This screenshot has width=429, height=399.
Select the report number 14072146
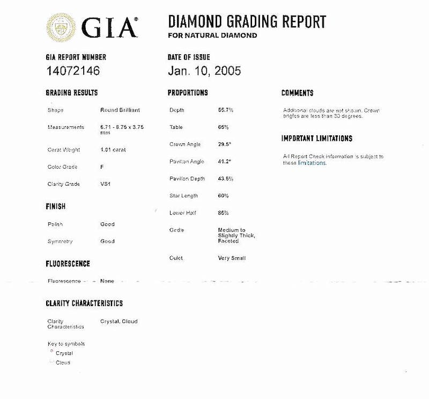click(x=73, y=70)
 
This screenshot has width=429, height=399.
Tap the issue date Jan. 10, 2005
click(x=204, y=70)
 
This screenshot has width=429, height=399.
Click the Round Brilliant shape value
click(x=120, y=110)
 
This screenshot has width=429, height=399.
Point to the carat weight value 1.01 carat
click(x=113, y=149)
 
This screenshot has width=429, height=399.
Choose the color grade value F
click(x=102, y=167)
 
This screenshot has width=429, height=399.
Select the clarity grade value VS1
click(x=106, y=184)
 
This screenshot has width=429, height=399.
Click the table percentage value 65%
click(x=224, y=127)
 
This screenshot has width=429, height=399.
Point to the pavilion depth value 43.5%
click(x=226, y=178)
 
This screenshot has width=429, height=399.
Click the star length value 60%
click(x=224, y=195)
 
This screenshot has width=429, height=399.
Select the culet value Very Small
click(x=232, y=258)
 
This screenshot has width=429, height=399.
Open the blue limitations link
click(x=312, y=163)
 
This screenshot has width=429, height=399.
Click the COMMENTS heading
click(x=297, y=93)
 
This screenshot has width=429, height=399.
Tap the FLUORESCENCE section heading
click(x=68, y=264)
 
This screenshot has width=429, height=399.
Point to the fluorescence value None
click(x=107, y=281)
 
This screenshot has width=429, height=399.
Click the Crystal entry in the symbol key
click(x=64, y=353)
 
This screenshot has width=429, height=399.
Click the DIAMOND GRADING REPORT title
click(x=247, y=22)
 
